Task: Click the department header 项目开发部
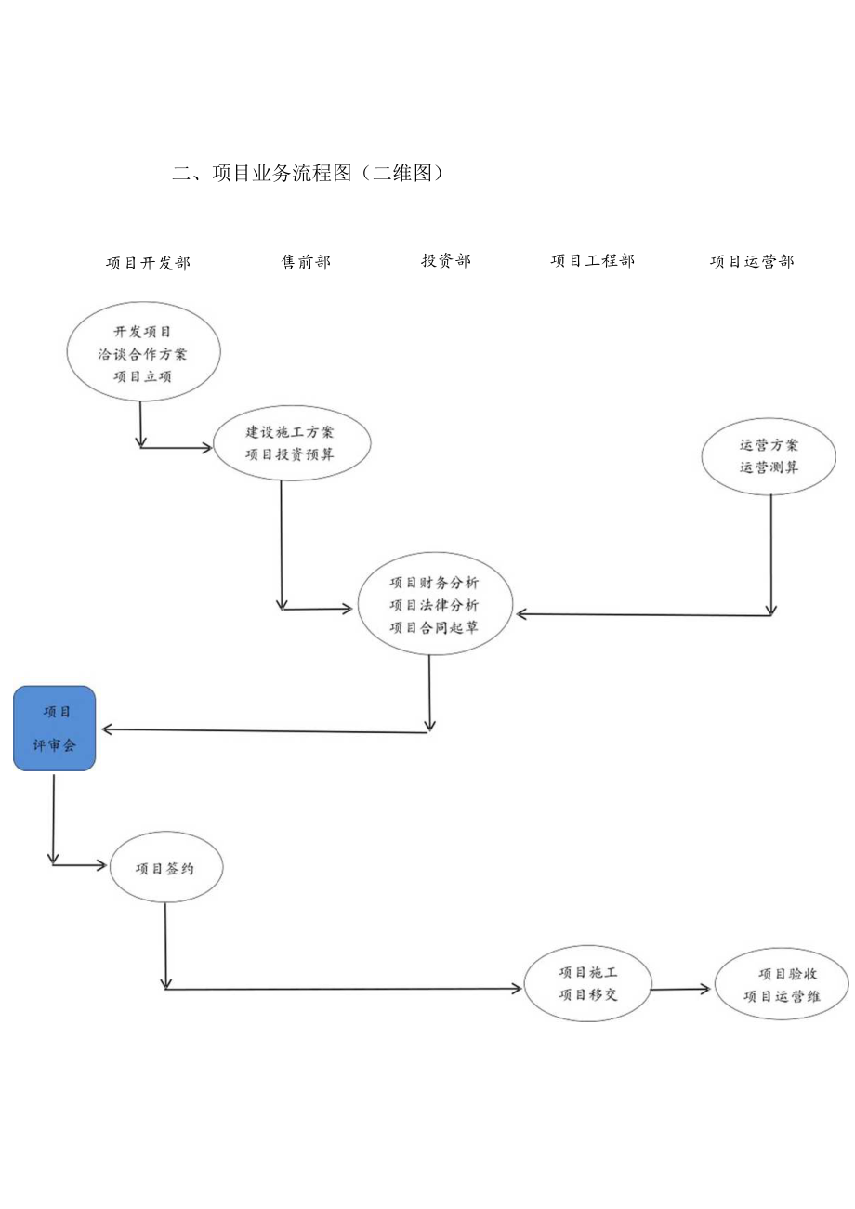pyautogui.click(x=148, y=263)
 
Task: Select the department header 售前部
pyautogui.click(x=306, y=262)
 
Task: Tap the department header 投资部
pyautogui.click(x=446, y=261)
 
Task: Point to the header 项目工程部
pyautogui.click(x=592, y=261)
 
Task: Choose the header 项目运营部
pyautogui.click(x=752, y=262)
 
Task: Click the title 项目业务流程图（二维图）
pyautogui.click(x=308, y=173)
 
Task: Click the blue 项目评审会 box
pyautogui.click(x=55, y=729)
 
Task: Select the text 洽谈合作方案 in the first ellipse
pyautogui.click(x=143, y=354)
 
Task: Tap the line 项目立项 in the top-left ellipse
pyautogui.click(x=143, y=376)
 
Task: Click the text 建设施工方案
pyautogui.click(x=291, y=432)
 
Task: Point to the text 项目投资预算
pyautogui.click(x=291, y=454)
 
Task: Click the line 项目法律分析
pyautogui.click(x=435, y=605)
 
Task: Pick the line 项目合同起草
pyautogui.click(x=435, y=627)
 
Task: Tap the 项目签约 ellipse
pyautogui.click(x=165, y=867)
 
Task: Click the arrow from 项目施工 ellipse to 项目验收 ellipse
pyautogui.click(x=680, y=990)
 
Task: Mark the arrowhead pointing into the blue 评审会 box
pyautogui.click(x=107, y=729)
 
